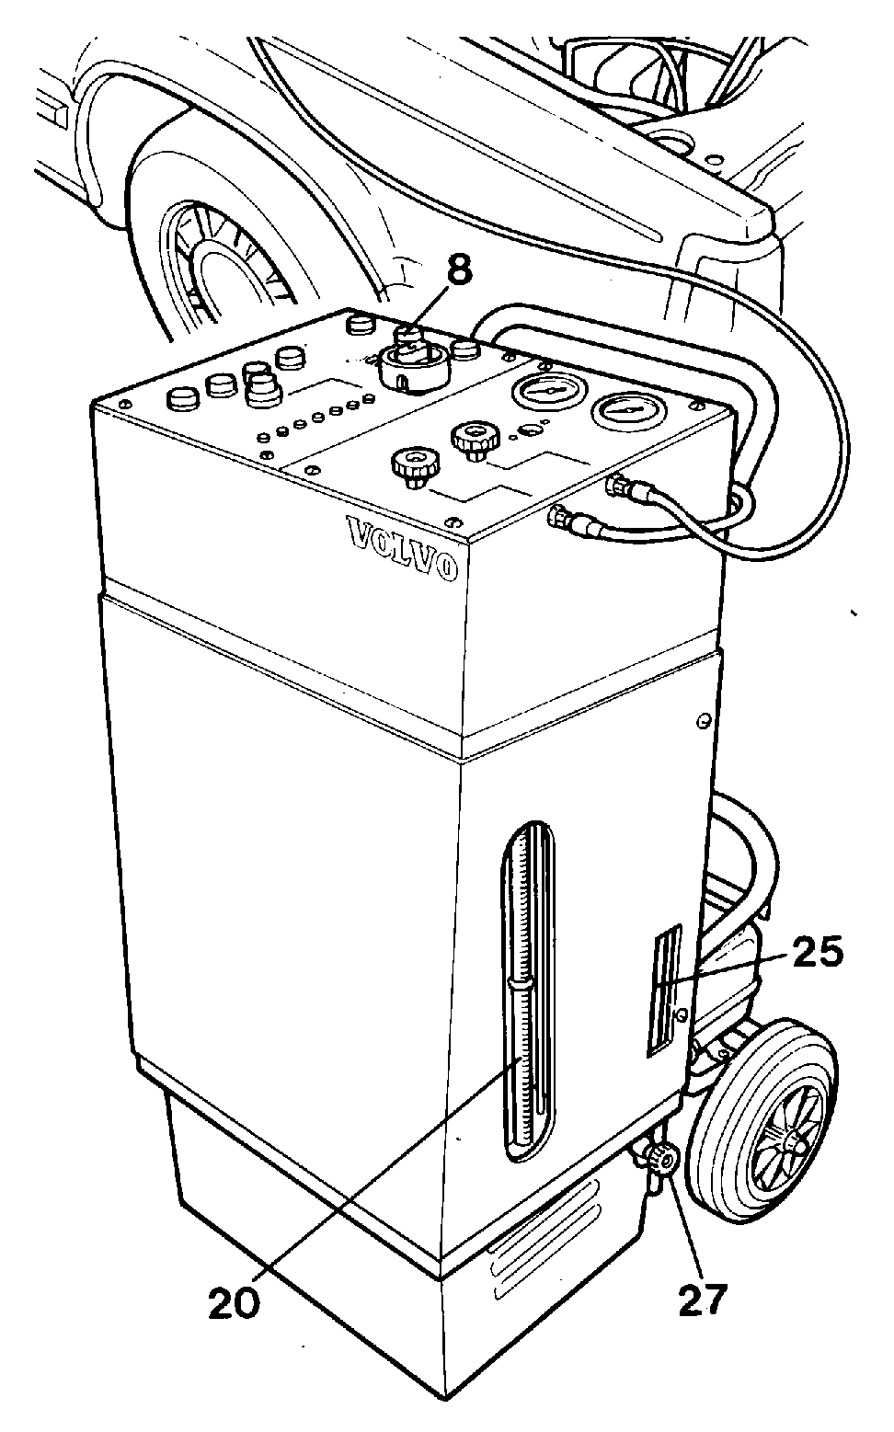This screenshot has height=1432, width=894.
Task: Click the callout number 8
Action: click(x=460, y=270)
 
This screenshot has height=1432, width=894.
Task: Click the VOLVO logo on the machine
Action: click(x=402, y=549)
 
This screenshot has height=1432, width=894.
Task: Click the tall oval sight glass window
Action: click(x=528, y=991)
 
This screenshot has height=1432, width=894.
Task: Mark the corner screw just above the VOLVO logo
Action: click(x=453, y=521)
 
